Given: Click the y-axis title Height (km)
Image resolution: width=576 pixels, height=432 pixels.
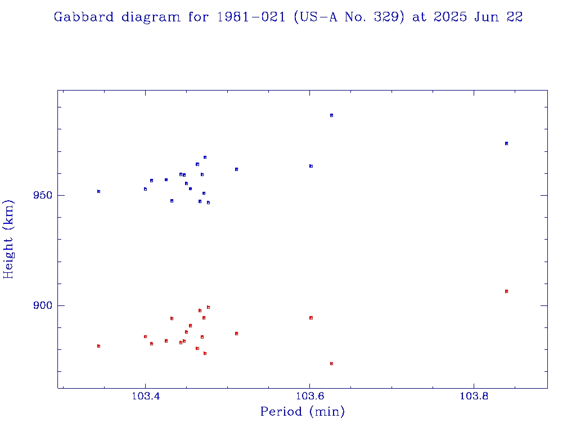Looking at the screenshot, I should [x=8, y=239].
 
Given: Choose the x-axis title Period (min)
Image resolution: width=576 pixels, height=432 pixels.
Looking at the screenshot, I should [x=302, y=412].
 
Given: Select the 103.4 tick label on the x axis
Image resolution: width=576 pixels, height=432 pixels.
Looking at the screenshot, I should [x=145, y=396].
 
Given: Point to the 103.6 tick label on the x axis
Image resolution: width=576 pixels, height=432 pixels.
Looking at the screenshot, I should [x=309, y=396].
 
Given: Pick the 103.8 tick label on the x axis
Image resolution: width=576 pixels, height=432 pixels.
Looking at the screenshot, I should [x=474, y=396].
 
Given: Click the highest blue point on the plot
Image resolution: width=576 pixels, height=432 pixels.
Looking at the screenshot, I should [x=331, y=115].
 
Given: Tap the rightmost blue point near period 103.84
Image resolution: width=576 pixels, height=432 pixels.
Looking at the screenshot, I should [x=506, y=143].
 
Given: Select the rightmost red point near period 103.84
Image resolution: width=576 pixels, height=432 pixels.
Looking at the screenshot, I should [x=506, y=291].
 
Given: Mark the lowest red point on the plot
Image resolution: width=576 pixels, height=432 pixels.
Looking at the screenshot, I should [x=331, y=363].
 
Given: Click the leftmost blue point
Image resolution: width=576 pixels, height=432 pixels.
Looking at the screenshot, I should [x=98, y=191].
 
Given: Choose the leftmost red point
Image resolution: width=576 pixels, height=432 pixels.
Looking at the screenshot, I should [x=98, y=346].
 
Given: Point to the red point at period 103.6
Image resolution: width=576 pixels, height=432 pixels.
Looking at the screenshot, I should [x=310, y=318].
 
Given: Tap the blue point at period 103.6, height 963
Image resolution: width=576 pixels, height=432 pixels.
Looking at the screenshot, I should [x=310, y=166].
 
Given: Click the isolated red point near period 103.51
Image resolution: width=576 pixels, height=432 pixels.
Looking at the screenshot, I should [x=236, y=334].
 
